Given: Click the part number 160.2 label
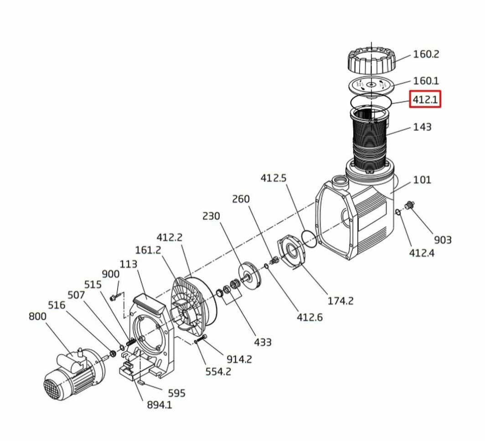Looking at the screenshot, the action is (426, 54).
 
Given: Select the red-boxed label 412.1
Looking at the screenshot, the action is (425, 99).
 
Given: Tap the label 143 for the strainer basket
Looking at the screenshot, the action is (422, 127).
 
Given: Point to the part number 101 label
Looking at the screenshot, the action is (422, 180).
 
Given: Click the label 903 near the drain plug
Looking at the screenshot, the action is (443, 240).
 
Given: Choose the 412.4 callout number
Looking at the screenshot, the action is (422, 253).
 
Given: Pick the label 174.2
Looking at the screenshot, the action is (340, 301).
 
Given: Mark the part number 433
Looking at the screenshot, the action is (263, 342).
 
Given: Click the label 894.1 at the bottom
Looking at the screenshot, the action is (159, 405).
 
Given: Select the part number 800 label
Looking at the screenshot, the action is (37, 317).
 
